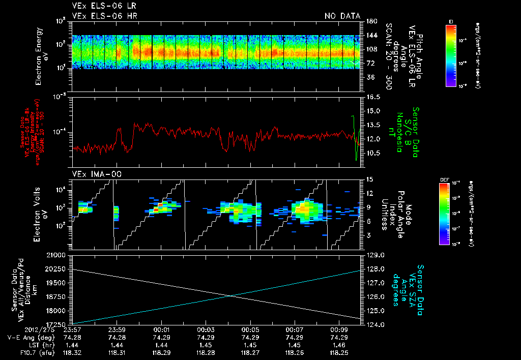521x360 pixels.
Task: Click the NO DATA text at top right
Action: click(342, 16)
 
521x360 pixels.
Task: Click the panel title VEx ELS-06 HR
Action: click(104, 16)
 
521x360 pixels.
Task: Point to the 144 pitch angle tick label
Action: click(371, 36)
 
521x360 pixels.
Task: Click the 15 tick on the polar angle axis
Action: click(369, 178)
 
